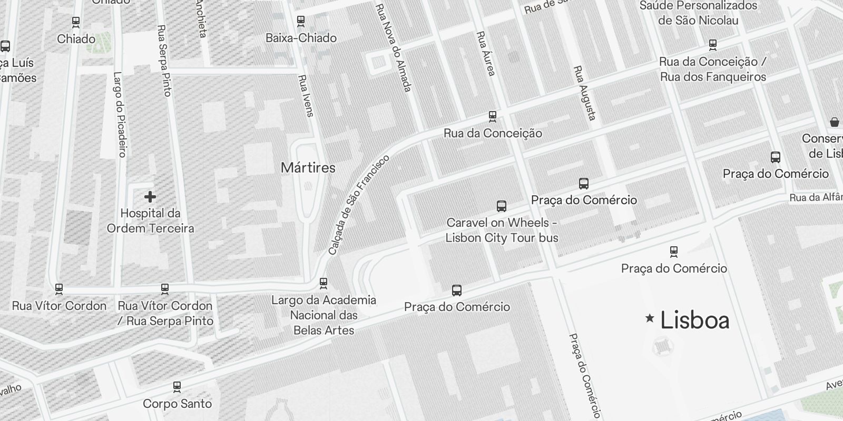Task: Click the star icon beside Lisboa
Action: (650, 318)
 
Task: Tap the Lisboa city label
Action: (695, 320)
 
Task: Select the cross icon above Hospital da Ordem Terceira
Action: (150, 197)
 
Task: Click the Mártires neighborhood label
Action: (308, 168)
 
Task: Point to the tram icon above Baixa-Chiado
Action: (301, 22)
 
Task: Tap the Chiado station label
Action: (76, 39)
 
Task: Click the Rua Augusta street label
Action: (585, 93)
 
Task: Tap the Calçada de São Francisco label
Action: (358, 205)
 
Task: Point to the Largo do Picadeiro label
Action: (120, 115)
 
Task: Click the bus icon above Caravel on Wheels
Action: (502, 206)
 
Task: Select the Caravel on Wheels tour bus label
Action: (502, 230)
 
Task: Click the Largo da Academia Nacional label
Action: (324, 315)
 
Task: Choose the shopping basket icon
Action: (835, 122)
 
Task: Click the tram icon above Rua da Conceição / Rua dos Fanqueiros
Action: (713, 45)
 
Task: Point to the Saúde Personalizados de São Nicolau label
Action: (698, 13)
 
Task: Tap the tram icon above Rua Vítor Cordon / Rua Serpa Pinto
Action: (165, 289)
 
